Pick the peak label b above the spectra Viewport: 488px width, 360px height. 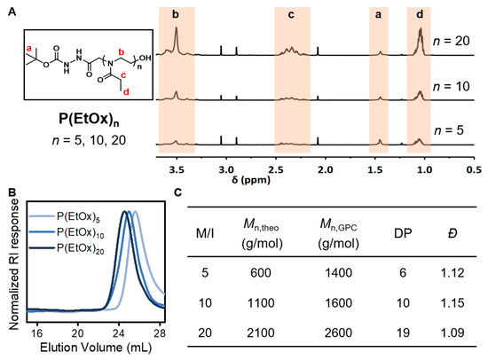(x=177, y=15)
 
